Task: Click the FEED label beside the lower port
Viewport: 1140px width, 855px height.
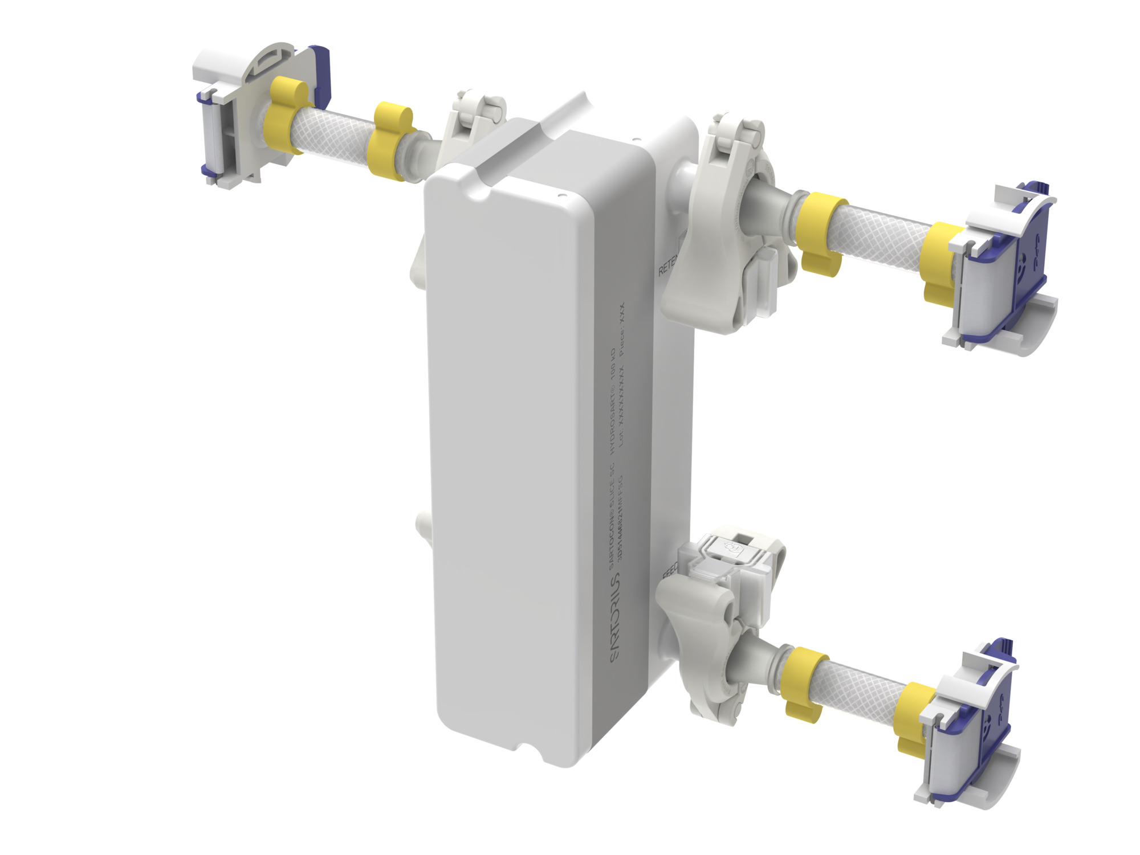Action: [670, 569]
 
